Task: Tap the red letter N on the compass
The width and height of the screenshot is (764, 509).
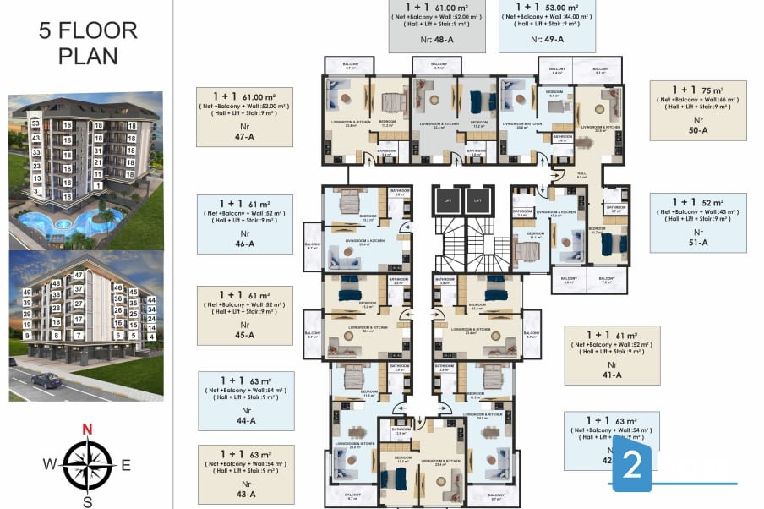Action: [x=87, y=429]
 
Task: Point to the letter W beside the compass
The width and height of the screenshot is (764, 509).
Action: [x=51, y=463]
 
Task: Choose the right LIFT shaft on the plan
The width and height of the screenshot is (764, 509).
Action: [x=477, y=200]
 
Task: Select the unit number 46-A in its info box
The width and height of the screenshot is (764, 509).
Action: [x=245, y=243]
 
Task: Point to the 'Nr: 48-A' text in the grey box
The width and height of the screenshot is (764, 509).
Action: [x=437, y=39]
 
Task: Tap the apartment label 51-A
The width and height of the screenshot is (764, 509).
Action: [x=698, y=242]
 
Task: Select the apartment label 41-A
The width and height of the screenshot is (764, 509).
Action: [x=612, y=375]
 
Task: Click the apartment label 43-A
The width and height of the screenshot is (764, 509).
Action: [x=245, y=494]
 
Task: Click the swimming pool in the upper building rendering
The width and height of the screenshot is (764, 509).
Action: [x=63, y=224]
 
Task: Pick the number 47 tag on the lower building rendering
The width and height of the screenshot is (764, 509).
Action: [x=79, y=276]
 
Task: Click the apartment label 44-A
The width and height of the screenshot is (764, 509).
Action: [x=246, y=420]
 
